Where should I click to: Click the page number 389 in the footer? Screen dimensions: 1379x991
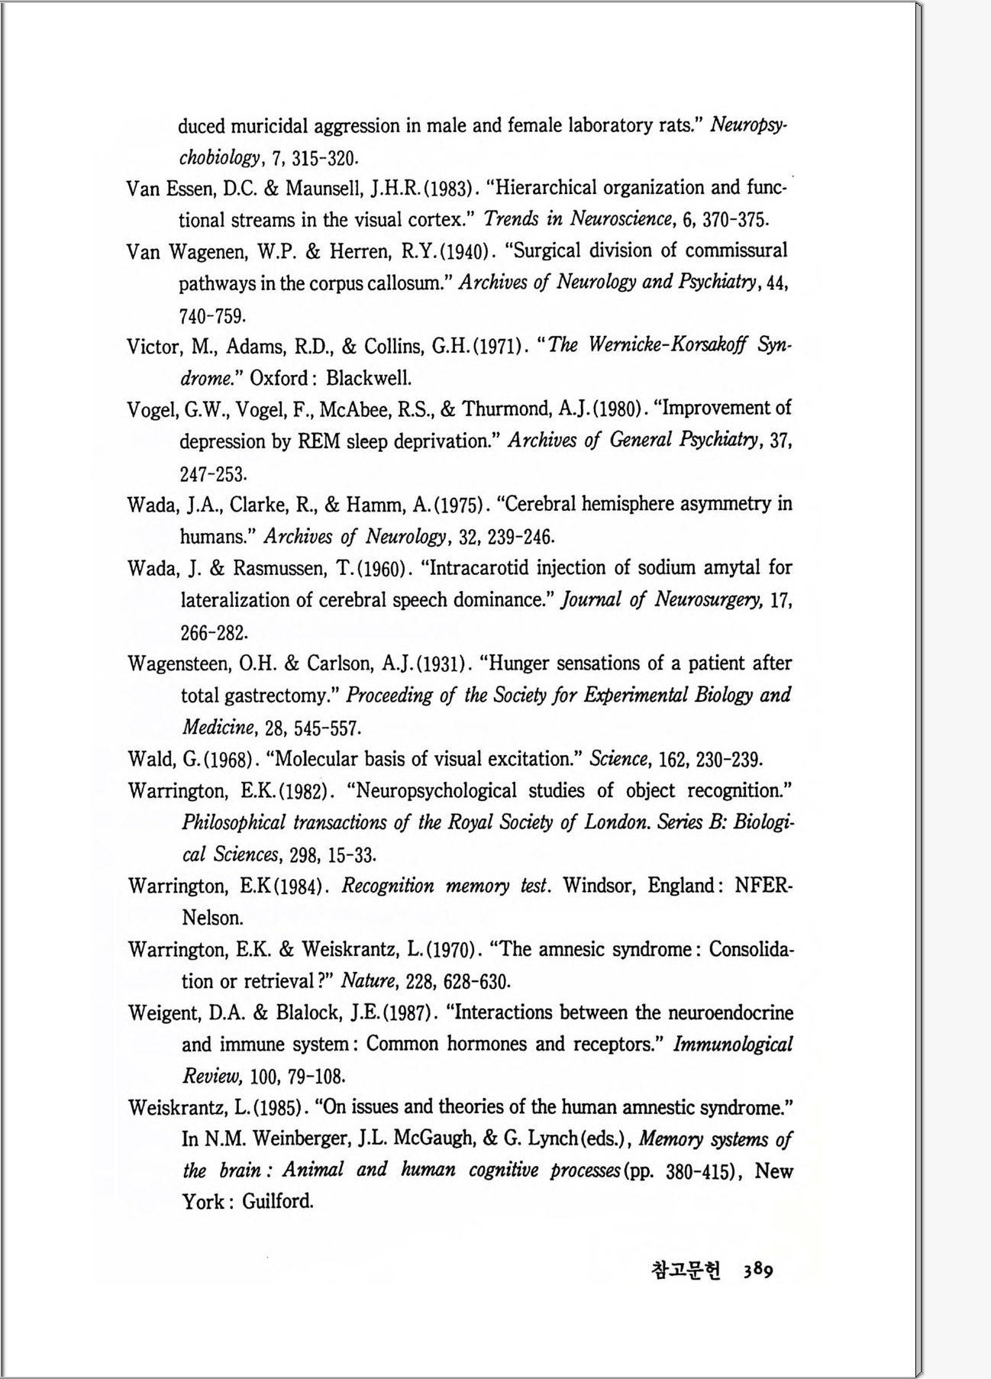(x=757, y=1270)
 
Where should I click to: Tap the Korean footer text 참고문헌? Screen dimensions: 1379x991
(x=685, y=1270)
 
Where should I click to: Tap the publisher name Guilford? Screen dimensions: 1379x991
(x=278, y=1202)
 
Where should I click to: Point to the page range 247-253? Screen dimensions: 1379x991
(x=212, y=474)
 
